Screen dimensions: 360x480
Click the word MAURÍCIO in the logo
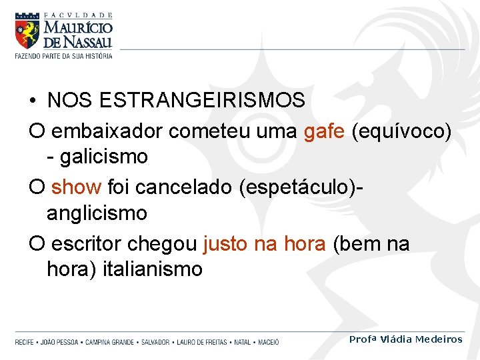click(x=78, y=28)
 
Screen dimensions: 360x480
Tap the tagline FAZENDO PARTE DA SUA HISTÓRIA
click(x=64, y=55)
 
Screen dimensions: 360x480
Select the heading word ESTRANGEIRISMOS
click(x=202, y=101)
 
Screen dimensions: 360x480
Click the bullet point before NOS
click(x=33, y=101)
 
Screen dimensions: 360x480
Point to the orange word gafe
click(x=324, y=131)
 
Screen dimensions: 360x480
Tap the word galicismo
click(x=103, y=157)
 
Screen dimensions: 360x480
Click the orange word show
click(x=75, y=187)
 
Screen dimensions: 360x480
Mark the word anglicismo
click(x=97, y=213)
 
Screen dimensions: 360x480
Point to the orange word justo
click(x=225, y=244)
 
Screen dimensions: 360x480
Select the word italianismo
click(x=152, y=269)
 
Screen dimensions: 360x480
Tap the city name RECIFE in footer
click(x=25, y=342)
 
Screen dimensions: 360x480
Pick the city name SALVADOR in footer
click(x=154, y=342)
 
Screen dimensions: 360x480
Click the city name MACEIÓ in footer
click(x=268, y=342)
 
